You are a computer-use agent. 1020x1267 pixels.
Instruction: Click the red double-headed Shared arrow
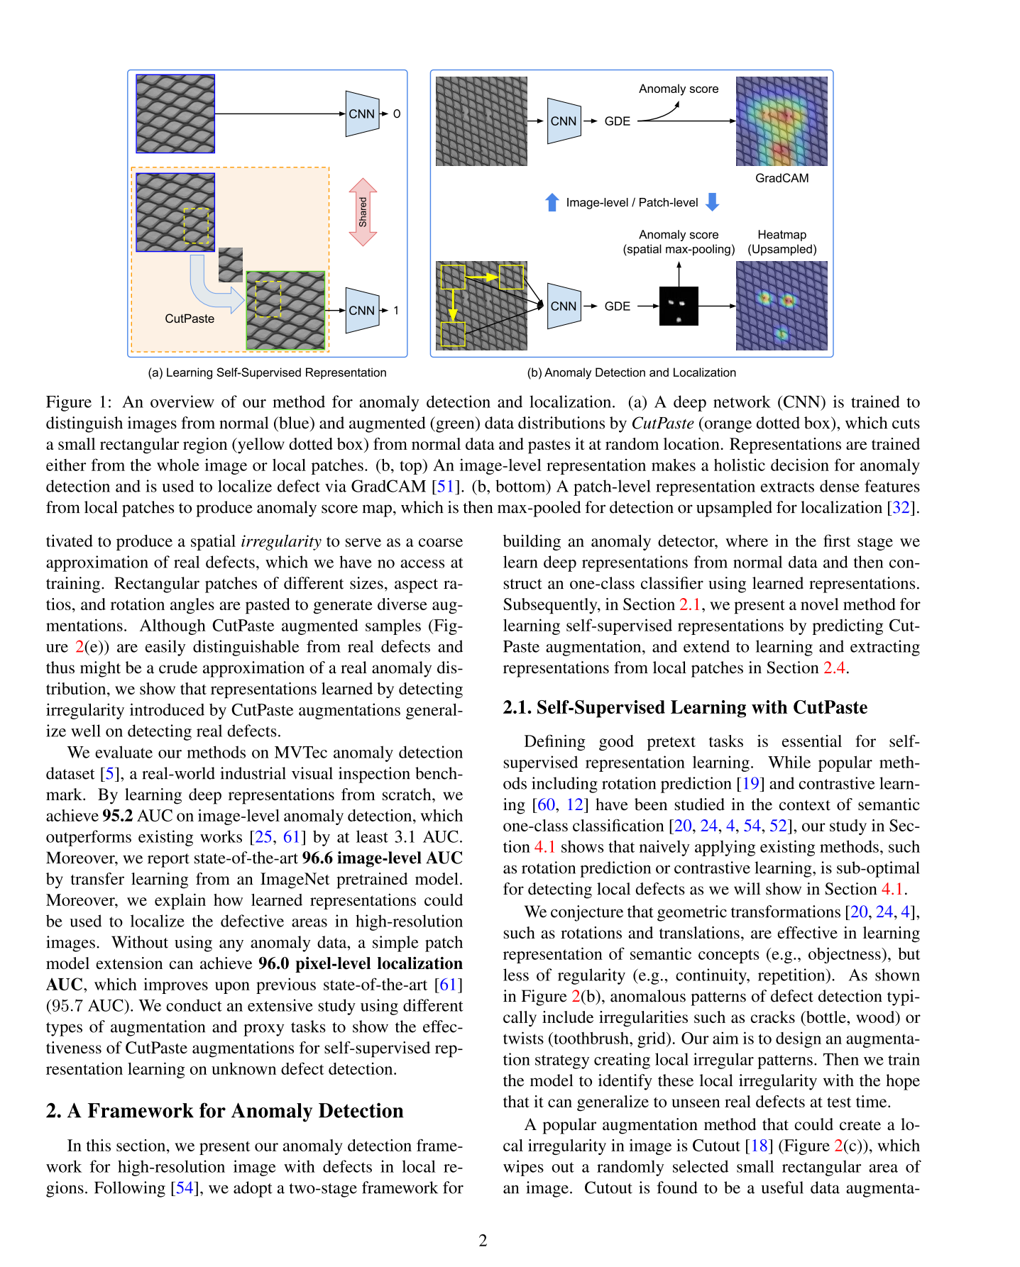pyautogui.click(x=363, y=212)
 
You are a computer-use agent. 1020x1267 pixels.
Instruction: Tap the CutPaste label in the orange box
pyautogui.click(x=190, y=319)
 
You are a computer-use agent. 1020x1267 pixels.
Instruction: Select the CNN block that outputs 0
pyautogui.click(x=362, y=114)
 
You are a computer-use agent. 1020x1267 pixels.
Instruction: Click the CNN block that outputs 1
pyautogui.click(x=362, y=310)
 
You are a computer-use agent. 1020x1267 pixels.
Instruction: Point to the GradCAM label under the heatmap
pyautogui.click(x=782, y=178)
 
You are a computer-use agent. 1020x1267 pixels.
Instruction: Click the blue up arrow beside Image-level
pyautogui.click(x=552, y=202)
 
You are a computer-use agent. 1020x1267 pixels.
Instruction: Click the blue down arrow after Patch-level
pyautogui.click(x=713, y=202)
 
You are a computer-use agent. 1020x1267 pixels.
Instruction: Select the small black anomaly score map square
pyautogui.click(x=679, y=306)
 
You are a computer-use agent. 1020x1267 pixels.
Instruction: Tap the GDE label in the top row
pyautogui.click(x=617, y=121)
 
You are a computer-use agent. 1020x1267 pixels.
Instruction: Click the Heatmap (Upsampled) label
pyautogui.click(x=782, y=242)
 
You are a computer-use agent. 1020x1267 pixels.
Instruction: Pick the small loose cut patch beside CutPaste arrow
pyautogui.click(x=231, y=265)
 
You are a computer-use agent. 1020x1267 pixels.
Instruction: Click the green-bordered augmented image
pyautogui.click(x=285, y=310)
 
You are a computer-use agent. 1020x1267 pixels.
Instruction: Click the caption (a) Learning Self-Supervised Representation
pyautogui.click(x=267, y=372)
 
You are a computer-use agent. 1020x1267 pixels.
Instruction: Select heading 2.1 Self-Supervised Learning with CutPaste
pyautogui.click(x=685, y=707)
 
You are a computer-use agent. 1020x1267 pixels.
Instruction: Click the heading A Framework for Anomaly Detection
pyautogui.click(x=224, y=1110)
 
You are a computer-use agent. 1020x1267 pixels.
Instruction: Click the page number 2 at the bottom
pyautogui.click(x=483, y=1240)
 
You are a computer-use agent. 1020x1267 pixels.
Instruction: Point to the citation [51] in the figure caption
pyautogui.click(x=446, y=487)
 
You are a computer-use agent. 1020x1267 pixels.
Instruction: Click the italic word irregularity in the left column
pyautogui.click(x=281, y=541)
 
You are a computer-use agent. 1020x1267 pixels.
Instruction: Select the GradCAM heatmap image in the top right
pyautogui.click(x=782, y=121)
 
